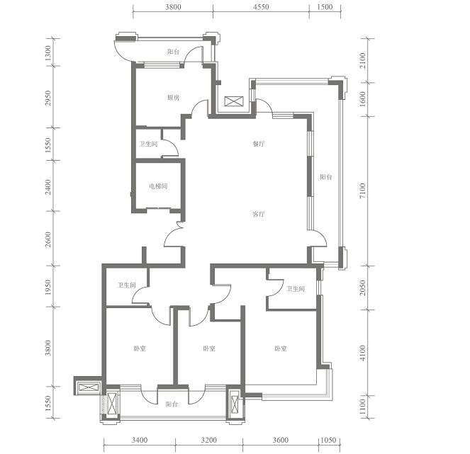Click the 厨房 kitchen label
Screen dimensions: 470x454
tap(173, 98)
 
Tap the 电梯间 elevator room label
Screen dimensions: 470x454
tap(158, 186)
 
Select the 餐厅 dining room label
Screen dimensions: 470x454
tap(258, 144)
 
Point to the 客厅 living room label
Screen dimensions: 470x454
tap(258, 214)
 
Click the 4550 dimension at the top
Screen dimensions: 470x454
tap(261, 7)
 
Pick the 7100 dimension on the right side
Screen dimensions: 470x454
tap(363, 191)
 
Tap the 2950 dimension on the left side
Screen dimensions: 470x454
tap(48, 98)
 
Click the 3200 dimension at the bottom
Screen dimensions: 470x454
tap(209, 440)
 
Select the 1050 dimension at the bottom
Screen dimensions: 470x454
tap(328, 440)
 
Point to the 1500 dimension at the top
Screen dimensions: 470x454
tap(325, 7)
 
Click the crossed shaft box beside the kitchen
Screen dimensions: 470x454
tap(234, 101)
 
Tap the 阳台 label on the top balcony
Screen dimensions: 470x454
tap(173, 52)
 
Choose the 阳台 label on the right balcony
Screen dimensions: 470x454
tap(326, 176)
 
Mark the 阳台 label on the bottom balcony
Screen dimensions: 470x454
tap(172, 404)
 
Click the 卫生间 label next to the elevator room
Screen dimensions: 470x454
tap(148, 144)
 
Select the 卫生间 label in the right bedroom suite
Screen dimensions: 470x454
tap(296, 289)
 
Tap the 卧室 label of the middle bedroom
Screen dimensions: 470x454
tap(209, 348)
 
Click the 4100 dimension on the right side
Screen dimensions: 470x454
tap(363, 353)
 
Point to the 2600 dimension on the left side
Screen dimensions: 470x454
tap(48, 239)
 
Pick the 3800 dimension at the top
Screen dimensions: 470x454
tap(173, 7)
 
